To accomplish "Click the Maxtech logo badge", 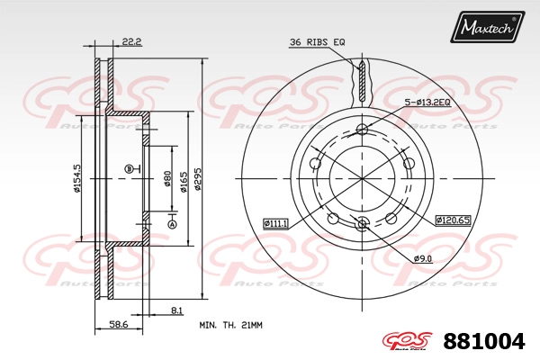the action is (x=487, y=27).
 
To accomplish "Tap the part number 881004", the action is (x=484, y=341).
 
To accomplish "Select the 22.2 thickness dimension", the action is (x=132, y=42).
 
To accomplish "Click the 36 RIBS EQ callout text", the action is (x=317, y=42).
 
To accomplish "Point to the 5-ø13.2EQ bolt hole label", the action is (x=427, y=103).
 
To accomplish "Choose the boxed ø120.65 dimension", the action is (x=453, y=220).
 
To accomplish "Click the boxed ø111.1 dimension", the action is (x=275, y=223).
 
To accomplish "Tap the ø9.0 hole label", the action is (x=423, y=258).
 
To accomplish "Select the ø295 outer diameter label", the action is (x=197, y=179).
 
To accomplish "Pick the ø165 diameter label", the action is (x=184, y=182).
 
